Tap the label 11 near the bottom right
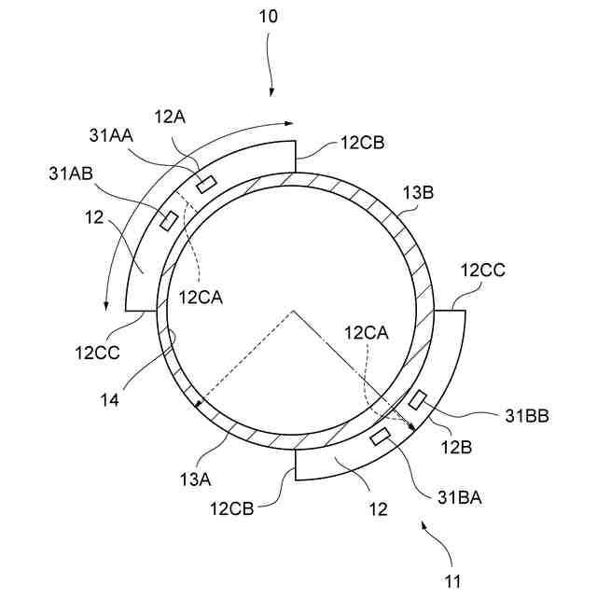click(452, 582)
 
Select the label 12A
click(171, 117)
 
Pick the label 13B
click(419, 194)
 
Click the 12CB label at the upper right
click(363, 144)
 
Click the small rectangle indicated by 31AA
click(206, 181)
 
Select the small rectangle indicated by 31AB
click(169, 220)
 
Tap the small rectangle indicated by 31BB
click(417, 398)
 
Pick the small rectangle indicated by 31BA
click(381, 436)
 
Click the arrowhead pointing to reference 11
click(427, 527)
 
